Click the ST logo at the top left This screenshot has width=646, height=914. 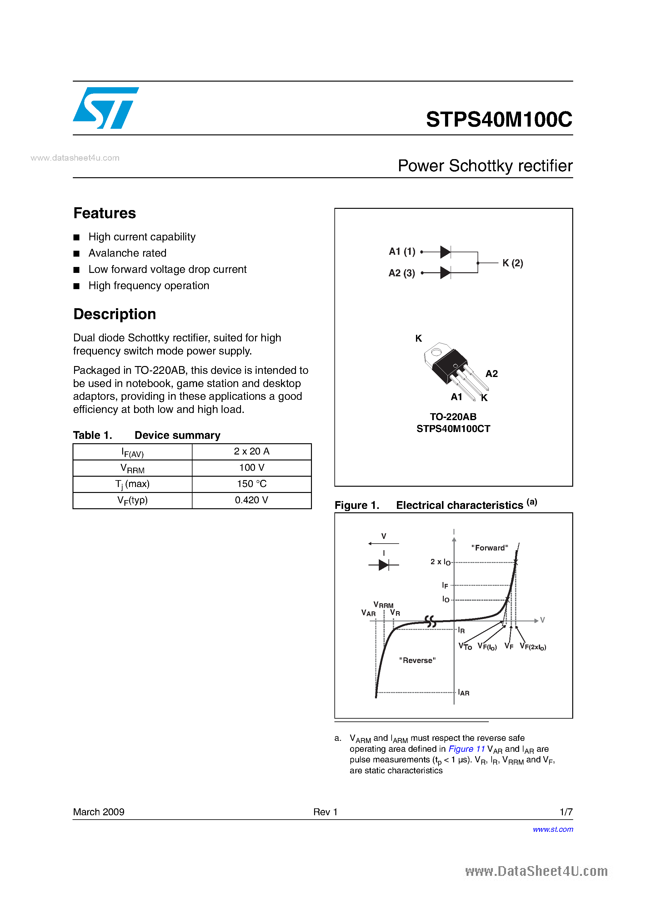point(105,108)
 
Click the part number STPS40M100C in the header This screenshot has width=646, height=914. point(499,119)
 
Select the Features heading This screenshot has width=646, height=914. point(105,213)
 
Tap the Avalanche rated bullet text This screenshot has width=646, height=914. point(128,253)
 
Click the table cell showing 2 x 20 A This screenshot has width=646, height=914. point(252,451)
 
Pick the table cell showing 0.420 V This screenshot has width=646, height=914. point(252,500)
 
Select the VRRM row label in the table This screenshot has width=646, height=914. point(132,468)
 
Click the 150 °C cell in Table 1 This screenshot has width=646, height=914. point(252,484)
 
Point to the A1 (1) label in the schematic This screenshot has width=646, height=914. point(402,252)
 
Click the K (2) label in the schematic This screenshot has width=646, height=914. point(512,263)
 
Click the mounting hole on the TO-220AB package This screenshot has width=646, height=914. point(436,352)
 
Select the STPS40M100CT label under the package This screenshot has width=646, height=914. point(453,429)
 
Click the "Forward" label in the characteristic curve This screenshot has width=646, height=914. point(489,548)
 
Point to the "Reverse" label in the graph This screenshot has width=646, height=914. point(417,660)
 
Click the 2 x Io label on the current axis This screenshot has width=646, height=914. point(440,562)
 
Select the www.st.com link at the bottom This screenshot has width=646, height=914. point(553,830)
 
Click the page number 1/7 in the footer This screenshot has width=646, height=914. point(566,812)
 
